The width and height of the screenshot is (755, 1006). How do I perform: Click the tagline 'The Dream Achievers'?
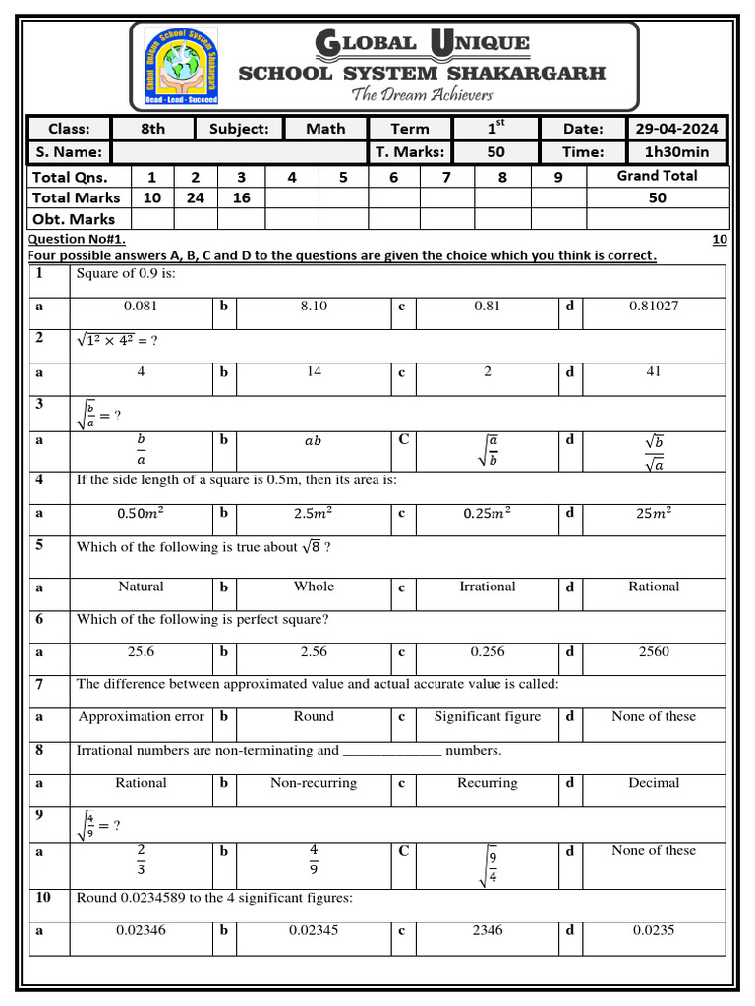(x=422, y=95)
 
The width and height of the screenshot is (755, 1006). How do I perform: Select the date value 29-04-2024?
(x=676, y=129)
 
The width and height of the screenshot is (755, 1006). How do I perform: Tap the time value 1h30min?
(x=676, y=152)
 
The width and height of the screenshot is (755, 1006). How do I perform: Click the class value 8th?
(x=153, y=129)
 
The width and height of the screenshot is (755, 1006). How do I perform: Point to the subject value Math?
(x=325, y=129)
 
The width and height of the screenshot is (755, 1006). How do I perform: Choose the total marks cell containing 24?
(x=195, y=197)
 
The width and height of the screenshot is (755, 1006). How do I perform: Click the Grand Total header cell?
(x=657, y=176)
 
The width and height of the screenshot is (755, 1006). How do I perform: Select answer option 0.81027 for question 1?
(x=654, y=307)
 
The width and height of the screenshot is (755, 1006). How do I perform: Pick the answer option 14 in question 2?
(x=314, y=372)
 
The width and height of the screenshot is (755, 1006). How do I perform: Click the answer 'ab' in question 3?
(x=314, y=441)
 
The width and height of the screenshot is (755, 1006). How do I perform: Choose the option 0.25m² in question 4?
(x=488, y=513)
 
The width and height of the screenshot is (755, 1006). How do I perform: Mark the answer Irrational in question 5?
(x=488, y=587)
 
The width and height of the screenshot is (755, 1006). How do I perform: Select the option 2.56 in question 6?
(x=314, y=652)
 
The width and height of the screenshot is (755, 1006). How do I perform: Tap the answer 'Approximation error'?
(x=142, y=717)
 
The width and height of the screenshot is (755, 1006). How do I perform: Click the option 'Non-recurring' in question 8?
(x=314, y=783)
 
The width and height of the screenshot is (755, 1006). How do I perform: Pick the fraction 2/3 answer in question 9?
(x=141, y=858)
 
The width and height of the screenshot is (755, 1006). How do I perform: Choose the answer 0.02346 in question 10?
(x=141, y=930)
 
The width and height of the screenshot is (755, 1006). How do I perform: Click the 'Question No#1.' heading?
(x=77, y=239)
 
